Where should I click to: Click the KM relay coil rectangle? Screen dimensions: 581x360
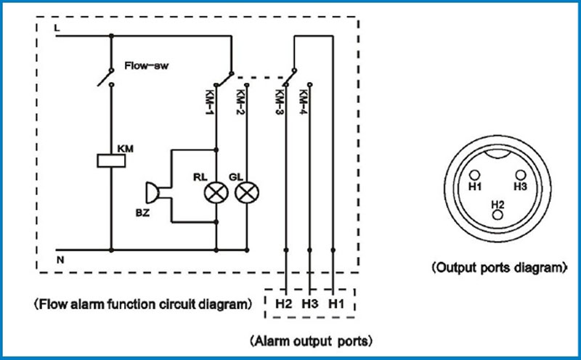(111, 160)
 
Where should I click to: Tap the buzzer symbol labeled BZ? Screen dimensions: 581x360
(153, 192)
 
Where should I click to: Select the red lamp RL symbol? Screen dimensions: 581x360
(216, 192)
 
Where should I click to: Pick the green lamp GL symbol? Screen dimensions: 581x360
(247, 192)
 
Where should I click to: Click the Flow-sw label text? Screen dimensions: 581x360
(147, 66)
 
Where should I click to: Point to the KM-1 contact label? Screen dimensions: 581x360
(210, 102)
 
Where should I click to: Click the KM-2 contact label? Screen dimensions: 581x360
(240, 102)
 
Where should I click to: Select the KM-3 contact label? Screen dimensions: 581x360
(279, 102)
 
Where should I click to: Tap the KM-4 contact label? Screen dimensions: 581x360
(303, 102)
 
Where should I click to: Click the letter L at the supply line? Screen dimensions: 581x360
(57, 28)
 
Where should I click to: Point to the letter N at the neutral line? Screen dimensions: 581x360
(60, 260)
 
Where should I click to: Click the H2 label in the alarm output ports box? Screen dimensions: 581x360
(283, 303)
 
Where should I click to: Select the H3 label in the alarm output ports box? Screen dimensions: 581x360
(310, 303)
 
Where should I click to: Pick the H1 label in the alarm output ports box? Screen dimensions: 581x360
(336, 303)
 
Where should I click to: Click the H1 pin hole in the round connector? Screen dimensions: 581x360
(475, 175)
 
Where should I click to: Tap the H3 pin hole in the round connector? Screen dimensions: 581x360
(521, 175)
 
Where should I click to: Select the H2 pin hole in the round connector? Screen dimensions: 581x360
(497, 215)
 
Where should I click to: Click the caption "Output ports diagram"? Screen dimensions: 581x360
(500, 267)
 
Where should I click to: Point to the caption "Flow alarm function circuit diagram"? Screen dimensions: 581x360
(143, 304)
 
